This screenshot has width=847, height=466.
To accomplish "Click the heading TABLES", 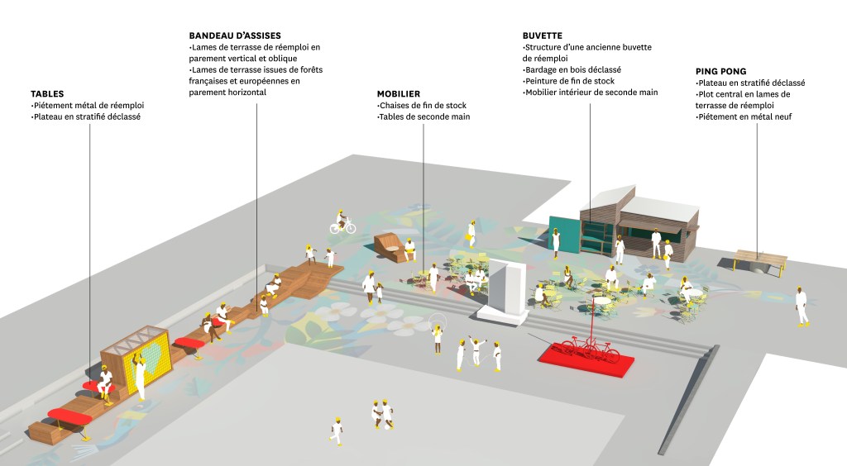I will (x=47, y=94).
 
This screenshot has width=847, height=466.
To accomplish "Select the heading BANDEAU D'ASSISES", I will (x=235, y=36).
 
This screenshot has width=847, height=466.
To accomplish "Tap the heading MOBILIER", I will (x=399, y=94).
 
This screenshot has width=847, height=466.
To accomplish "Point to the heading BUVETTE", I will (x=543, y=36).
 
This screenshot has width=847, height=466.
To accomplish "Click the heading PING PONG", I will (x=721, y=72).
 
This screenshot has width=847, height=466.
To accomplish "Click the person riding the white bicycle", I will (x=340, y=220).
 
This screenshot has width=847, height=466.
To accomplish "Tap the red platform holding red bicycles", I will (x=586, y=357).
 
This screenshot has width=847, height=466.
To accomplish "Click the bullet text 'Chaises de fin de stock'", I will (x=423, y=106).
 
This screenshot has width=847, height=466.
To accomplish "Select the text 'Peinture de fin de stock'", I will (x=569, y=81).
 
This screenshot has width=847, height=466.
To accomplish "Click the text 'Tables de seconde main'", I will (x=423, y=117).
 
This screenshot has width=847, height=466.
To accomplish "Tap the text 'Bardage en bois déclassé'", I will (x=572, y=69).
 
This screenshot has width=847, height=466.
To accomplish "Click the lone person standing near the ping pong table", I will (x=801, y=306).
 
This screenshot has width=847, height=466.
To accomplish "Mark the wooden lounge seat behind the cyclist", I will (x=389, y=245).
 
